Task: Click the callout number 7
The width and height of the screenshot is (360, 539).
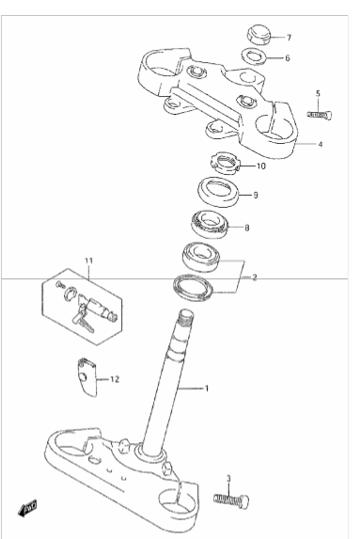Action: point(289,38)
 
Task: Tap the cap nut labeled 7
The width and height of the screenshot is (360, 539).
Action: point(259,35)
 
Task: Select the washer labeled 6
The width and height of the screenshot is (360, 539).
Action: point(254,56)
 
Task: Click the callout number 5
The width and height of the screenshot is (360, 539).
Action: point(318,93)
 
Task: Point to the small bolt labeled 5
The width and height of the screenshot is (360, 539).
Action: point(320,115)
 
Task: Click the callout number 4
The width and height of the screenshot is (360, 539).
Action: point(321,144)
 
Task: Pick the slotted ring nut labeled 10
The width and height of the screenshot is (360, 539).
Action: point(225,162)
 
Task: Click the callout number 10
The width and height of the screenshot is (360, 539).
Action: point(261,166)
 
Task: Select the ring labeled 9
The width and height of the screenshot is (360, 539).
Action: point(218,192)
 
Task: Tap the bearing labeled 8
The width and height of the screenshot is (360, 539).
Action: point(211,224)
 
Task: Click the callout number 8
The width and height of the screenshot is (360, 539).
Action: point(246,228)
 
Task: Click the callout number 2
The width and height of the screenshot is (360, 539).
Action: point(254,277)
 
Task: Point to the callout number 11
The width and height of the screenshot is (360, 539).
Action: point(88,261)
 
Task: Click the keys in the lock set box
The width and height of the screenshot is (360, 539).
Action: point(83,320)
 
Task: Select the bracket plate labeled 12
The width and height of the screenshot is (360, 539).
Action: point(86,377)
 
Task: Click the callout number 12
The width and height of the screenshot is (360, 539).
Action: point(115,379)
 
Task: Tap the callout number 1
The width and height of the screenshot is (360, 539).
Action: point(207,388)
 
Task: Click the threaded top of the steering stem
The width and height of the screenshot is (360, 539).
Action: point(186,317)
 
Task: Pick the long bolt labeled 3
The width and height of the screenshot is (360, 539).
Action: point(231,499)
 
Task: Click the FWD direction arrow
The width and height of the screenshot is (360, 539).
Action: point(27,508)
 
